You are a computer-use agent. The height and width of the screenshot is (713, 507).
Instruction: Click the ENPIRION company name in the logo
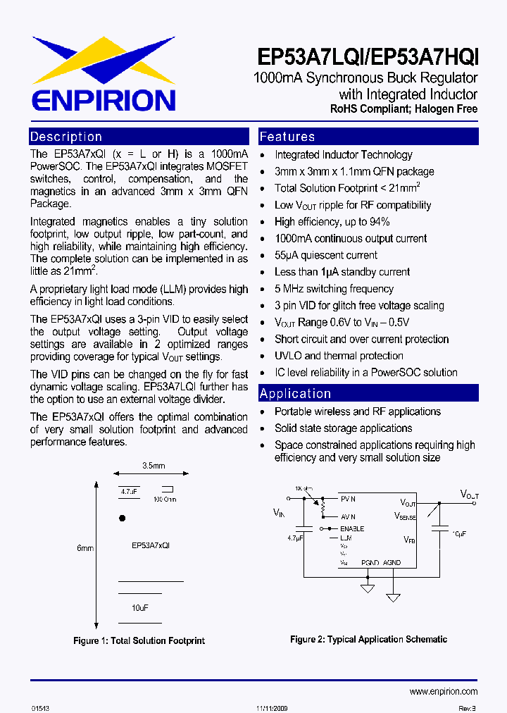point(102,99)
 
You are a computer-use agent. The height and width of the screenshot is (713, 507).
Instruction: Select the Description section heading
point(66,137)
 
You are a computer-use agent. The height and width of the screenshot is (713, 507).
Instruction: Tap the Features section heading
point(287,137)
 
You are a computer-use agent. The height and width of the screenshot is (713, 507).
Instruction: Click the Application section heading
point(295,393)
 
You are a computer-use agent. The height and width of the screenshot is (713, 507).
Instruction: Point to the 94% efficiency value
point(377,222)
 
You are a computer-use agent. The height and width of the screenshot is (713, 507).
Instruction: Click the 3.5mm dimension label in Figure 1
point(154,466)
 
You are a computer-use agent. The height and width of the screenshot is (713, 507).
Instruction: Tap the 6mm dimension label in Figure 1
point(85,548)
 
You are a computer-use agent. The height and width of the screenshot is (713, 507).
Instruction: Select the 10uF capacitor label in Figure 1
point(139,607)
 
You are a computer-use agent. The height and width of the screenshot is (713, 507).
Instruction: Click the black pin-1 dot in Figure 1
point(122,518)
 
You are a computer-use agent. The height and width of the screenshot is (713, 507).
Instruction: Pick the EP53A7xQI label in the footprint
point(150,545)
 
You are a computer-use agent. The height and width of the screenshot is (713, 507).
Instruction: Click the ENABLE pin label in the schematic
point(352,528)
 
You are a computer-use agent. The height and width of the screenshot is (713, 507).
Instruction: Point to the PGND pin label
point(370,563)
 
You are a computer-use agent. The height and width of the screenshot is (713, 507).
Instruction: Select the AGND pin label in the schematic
point(392,563)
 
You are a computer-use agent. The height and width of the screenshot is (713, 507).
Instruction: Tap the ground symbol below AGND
point(392,595)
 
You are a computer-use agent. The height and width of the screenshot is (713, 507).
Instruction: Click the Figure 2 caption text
point(368,639)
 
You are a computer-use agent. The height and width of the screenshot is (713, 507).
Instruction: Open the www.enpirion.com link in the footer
point(443,691)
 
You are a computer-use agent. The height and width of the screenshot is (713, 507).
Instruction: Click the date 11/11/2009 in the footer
point(270,707)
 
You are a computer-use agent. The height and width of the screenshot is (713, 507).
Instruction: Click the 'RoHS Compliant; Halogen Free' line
point(403,109)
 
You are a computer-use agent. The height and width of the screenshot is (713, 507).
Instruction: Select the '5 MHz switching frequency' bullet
point(334,289)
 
